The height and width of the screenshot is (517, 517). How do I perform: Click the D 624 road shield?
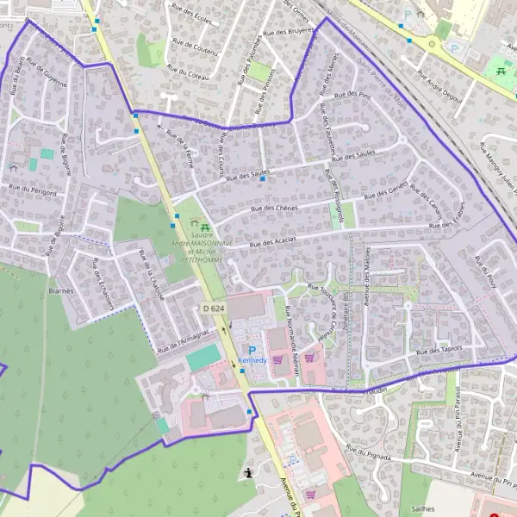click(214, 308)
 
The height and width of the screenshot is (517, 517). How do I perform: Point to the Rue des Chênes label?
click(274, 208)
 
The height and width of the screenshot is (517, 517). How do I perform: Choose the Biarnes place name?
click(61, 291)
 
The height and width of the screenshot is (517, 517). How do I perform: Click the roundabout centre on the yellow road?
click(431, 43)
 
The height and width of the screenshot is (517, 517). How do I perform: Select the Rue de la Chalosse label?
click(152, 274)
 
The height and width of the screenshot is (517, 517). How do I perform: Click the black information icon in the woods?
click(249, 472)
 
